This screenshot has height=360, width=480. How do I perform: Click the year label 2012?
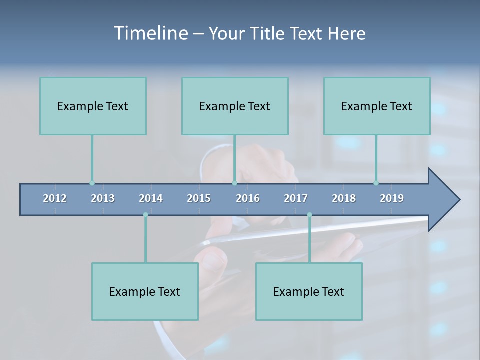pyautogui.click(x=55, y=198)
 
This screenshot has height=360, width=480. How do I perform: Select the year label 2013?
pyautogui.click(x=103, y=198)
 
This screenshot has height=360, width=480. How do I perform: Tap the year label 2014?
pyautogui.click(x=151, y=198)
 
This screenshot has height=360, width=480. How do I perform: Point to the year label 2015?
pyautogui.click(x=199, y=198)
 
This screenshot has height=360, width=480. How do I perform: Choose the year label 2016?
pyautogui.click(x=248, y=198)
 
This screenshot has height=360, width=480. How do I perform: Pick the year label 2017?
pyautogui.click(x=296, y=198)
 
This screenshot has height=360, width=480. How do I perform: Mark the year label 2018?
pyautogui.click(x=344, y=198)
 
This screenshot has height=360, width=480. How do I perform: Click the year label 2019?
pyautogui.click(x=392, y=198)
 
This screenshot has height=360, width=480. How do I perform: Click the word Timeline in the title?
pyautogui.click(x=150, y=33)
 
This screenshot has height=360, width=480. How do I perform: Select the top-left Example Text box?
pyautogui.click(x=93, y=106)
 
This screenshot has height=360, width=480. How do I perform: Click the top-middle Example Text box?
pyautogui.click(x=235, y=106)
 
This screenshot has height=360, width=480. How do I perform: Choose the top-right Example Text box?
pyautogui.click(x=377, y=106)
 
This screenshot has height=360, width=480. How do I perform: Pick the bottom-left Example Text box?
pyautogui.click(x=145, y=291)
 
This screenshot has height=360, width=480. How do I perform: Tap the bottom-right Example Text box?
pyautogui.click(x=309, y=291)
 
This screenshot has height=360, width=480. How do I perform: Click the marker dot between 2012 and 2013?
pyautogui.click(x=92, y=183)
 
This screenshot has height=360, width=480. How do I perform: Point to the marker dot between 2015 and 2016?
pyautogui.click(x=234, y=183)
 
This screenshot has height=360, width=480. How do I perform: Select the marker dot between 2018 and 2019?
pyautogui.click(x=376, y=183)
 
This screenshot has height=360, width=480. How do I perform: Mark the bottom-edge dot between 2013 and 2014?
pyautogui.click(x=145, y=215)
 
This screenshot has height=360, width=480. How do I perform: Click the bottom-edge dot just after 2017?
pyautogui.click(x=309, y=215)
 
